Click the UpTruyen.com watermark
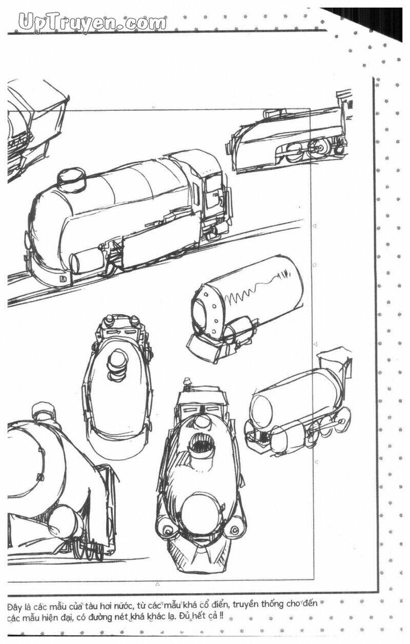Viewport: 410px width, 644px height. (x=92, y=23)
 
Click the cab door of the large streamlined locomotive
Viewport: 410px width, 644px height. (x=214, y=196)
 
